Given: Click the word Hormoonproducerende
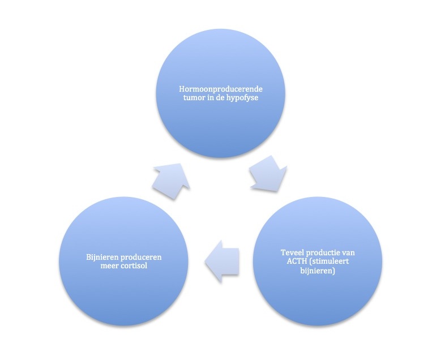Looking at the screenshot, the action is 221,89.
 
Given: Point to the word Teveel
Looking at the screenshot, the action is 292,252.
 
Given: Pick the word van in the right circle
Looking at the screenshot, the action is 348,253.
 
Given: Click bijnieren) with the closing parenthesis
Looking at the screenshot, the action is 318,271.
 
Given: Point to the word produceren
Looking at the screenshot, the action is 142,258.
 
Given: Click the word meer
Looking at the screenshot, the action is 108,266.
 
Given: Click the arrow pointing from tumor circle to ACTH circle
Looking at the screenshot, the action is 268,174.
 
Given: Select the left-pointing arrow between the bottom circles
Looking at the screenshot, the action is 222,261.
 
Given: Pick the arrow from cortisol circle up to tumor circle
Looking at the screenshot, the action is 171,181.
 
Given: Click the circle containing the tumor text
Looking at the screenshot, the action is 220,93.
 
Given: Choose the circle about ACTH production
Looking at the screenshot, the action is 318,262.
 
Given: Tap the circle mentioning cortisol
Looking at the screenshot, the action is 123,262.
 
